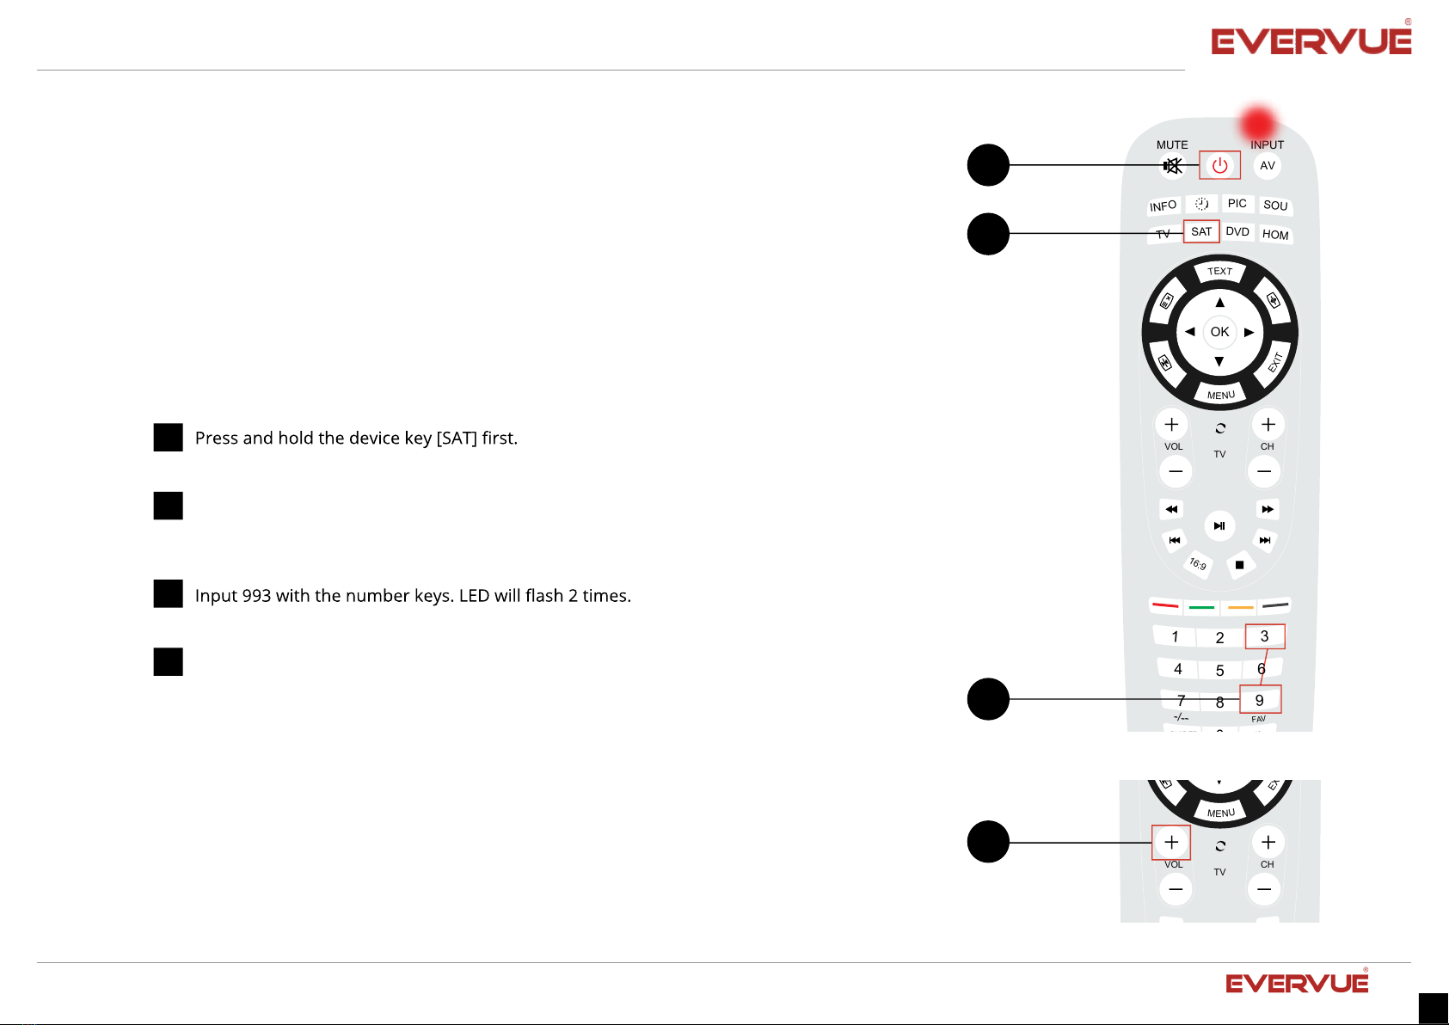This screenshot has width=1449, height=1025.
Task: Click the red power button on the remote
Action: tap(1219, 165)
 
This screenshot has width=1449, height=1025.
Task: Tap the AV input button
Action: tap(1267, 166)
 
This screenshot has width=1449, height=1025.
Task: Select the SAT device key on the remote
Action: tap(1201, 232)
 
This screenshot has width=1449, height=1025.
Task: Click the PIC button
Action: tap(1237, 204)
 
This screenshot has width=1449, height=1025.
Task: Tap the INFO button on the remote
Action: tap(1163, 206)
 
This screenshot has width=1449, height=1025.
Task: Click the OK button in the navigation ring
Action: tap(1219, 332)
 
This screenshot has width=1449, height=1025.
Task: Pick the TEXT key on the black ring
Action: tap(1219, 272)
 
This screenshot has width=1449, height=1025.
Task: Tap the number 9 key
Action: tap(1260, 700)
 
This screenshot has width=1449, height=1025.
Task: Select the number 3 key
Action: tap(1264, 636)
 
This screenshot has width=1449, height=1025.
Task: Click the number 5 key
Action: tap(1219, 671)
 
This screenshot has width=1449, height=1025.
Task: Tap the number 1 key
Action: tap(1175, 637)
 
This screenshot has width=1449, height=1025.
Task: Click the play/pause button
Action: tap(1219, 526)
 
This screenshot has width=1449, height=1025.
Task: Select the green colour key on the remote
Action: tap(1201, 607)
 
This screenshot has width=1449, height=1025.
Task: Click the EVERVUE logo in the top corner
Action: tap(1311, 41)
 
